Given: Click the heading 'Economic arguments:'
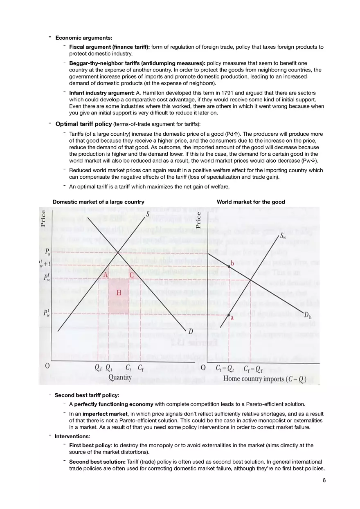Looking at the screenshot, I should click(83, 38).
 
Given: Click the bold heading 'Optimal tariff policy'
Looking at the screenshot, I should click(83, 123).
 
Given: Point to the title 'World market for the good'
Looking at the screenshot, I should click(251, 202).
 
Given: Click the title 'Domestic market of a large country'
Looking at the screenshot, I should click(98, 202).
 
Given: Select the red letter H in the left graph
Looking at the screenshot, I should click(119, 292).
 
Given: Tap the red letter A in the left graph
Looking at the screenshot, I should click(106, 275).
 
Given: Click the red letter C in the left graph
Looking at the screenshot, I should click(132, 275).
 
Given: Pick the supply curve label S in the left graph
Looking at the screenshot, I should click(147, 213).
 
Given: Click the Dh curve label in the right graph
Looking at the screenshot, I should click(308, 315).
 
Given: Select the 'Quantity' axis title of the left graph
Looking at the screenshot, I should click(120, 377).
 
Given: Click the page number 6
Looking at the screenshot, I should click(324, 480).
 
